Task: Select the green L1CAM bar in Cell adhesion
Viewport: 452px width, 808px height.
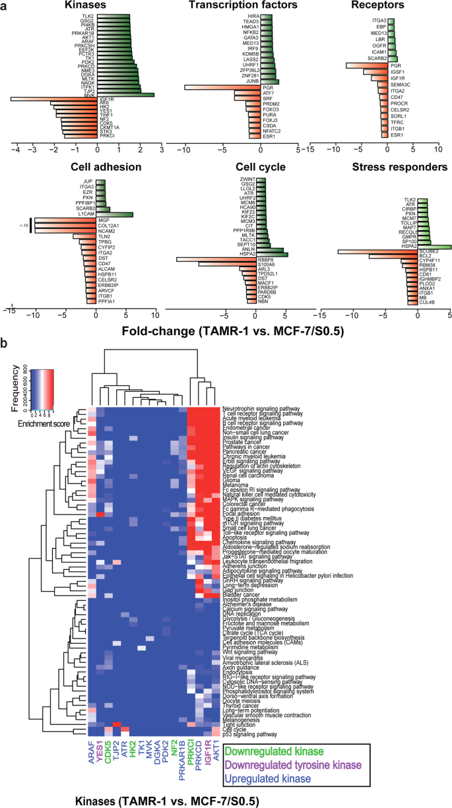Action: [114, 214]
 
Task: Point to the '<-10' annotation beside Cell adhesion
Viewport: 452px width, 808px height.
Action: [24, 225]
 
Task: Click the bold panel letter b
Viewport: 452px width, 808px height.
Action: [5, 343]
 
